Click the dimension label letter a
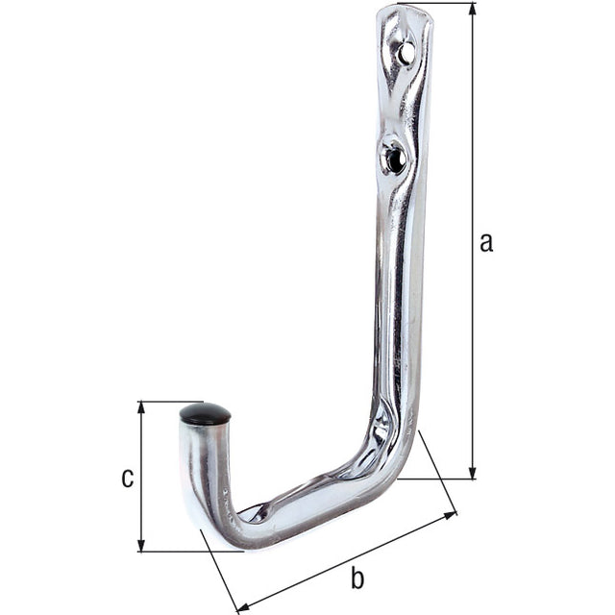[x=486, y=242]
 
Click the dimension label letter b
[x=357, y=578]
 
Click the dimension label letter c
[x=128, y=478]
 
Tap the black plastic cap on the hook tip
[x=205, y=414]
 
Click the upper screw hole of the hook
[x=406, y=51]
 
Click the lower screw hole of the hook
[x=393, y=158]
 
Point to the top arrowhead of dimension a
[x=473, y=9]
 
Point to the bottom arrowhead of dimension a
[x=473, y=472]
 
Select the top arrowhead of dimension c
[x=141, y=407]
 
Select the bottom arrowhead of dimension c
[x=141, y=545]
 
